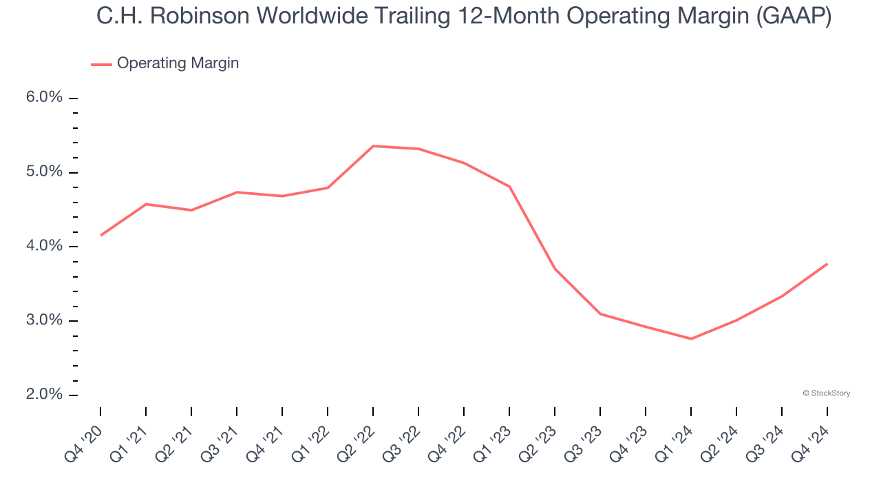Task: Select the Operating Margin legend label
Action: coord(178,63)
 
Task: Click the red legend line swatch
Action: coord(101,64)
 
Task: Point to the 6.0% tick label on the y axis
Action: coord(44,98)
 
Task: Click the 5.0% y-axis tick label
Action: coord(44,172)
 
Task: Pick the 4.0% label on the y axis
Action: coord(44,247)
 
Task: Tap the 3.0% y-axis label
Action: coord(44,321)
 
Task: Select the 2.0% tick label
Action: coord(44,395)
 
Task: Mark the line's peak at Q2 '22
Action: coord(373,146)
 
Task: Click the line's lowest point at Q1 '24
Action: coord(691,339)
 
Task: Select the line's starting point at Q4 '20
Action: coord(100,236)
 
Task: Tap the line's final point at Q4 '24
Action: coord(827,264)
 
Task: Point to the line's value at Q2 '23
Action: coord(555,269)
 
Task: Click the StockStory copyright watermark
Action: coord(826,393)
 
